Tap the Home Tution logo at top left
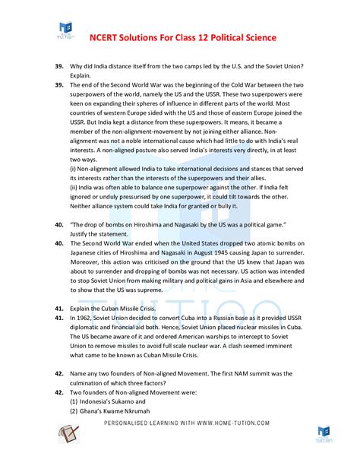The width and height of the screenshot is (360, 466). click(x=66, y=31)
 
